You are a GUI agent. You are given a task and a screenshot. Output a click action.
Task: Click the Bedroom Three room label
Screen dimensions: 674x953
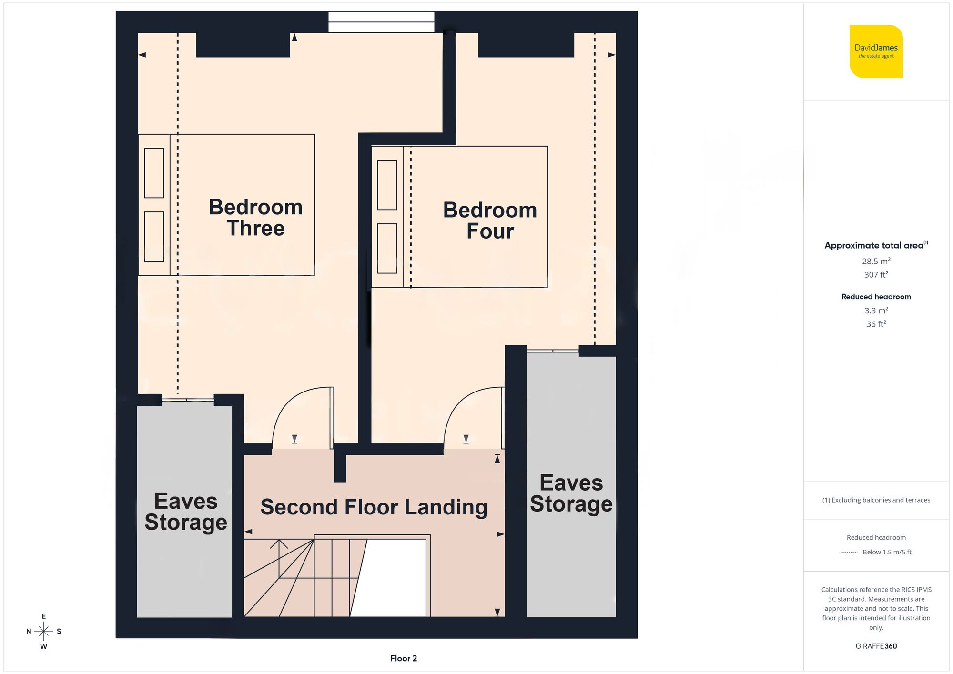pos(255,218)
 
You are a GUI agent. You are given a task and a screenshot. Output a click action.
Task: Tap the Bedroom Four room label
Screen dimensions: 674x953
pos(490,221)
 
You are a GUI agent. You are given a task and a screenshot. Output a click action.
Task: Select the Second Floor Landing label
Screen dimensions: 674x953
pos(374,507)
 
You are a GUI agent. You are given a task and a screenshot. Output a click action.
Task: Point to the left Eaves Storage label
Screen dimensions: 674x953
pos(185,512)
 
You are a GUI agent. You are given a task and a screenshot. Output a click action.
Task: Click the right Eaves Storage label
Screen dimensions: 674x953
pos(571,493)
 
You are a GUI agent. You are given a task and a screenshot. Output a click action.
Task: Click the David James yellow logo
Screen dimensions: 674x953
pos(876,51)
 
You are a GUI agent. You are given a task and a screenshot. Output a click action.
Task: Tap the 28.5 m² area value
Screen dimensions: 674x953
pos(876,261)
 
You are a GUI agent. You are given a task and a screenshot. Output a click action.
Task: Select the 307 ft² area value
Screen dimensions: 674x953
pos(876,275)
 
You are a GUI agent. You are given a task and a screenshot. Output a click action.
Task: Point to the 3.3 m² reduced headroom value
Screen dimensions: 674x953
pos(876,311)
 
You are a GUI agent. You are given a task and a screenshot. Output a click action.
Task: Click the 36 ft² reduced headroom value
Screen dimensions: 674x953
pos(876,324)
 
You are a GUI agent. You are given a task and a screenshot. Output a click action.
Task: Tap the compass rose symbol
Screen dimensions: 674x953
pos(43,632)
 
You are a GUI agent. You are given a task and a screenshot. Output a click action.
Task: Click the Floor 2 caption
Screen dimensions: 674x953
pos(403,658)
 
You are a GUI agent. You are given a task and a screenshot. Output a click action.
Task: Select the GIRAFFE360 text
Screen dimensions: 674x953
pos(876,646)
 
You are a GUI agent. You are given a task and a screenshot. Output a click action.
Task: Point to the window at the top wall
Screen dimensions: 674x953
pos(381,22)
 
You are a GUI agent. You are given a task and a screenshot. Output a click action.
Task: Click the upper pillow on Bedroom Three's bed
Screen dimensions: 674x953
pos(154,173)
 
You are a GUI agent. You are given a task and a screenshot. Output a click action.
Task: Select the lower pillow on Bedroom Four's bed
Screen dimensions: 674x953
pos(387,248)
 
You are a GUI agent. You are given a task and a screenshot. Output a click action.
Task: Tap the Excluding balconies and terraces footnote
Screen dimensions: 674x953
pos(876,500)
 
